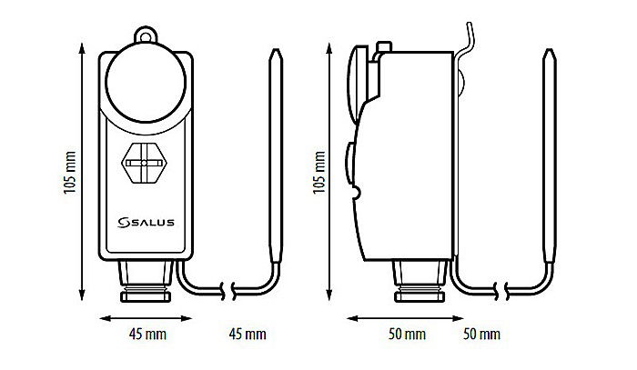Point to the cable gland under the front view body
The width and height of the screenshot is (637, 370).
coord(146,278)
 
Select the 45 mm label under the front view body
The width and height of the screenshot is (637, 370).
coord(146,335)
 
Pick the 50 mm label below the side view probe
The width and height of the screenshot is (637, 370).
coord(482,335)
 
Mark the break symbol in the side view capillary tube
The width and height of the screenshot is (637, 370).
coord(505,291)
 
